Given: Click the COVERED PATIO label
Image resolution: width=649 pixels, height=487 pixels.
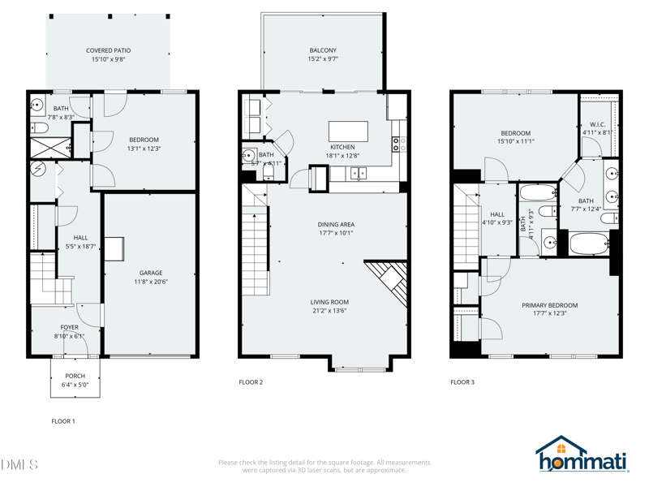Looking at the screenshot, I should (108, 50).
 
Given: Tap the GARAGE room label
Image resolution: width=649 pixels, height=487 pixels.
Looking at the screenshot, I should (151, 273).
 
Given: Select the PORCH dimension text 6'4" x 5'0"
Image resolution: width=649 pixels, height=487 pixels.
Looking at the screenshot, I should (75, 385).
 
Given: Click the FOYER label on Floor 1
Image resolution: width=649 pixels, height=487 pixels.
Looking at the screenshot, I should (70, 327).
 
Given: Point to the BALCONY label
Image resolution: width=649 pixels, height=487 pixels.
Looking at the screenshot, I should (323, 50).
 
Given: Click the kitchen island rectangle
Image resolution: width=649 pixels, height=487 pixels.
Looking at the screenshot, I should (347, 131).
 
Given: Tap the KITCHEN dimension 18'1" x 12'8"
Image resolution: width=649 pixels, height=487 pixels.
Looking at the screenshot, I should (342, 156).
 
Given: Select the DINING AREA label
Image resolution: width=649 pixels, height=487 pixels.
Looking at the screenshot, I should (335, 224).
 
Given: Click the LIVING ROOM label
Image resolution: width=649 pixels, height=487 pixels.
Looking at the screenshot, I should (329, 302).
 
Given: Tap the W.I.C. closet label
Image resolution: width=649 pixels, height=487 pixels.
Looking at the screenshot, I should (597, 124).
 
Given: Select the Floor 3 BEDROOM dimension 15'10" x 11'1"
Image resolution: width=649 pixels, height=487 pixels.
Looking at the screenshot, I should (516, 141).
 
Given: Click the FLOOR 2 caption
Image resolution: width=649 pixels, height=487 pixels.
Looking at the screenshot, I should (251, 381).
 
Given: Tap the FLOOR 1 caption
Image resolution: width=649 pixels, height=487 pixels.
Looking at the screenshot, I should (62, 421).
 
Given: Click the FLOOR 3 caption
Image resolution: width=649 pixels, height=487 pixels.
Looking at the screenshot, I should (462, 381).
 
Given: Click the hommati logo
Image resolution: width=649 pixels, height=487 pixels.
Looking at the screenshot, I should (582, 457).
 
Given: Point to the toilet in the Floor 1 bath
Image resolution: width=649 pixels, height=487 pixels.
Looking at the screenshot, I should (38, 129).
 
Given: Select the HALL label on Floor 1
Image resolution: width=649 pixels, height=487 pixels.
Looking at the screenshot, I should (80, 238).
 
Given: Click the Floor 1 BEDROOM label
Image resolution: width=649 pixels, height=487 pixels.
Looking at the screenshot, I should (144, 140).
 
